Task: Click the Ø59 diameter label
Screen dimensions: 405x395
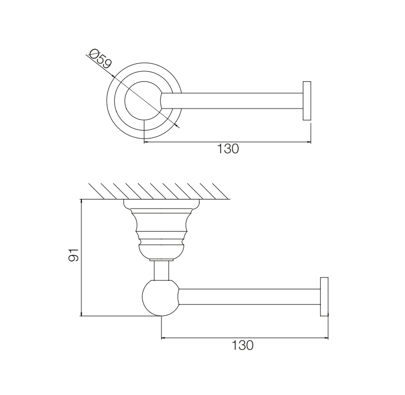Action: coord(100,59)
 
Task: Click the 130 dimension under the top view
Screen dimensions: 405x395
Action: coord(228,149)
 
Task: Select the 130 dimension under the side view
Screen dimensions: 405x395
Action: coord(242,345)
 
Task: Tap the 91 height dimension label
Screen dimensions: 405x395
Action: coord(73,255)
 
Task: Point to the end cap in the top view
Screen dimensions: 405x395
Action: coord(307,101)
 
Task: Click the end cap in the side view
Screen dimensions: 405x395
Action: coord(324,297)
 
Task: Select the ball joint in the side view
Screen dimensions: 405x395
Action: coord(160,298)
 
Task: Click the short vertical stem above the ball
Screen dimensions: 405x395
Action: coord(162,270)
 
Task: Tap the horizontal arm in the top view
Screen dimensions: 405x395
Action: coord(232,101)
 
